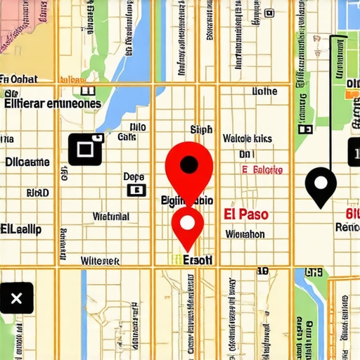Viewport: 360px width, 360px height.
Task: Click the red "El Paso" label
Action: click(x=245, y=214)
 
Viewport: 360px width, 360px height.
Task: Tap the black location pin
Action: click(x=321, y=186)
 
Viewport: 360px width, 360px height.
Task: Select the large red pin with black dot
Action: click(x=188, y=166)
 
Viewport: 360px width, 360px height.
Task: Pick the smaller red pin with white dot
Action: click(x=188, y=224)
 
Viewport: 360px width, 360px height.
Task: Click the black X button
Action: click(x=16, y=299)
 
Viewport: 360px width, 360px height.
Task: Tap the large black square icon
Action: click(x=86, y=149)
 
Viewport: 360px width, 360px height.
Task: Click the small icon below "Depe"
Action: click(x=135, y=190)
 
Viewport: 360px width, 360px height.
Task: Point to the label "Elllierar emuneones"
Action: click(x=52, y=103)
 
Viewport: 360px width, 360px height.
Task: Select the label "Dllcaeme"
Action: click(x=27, y=162)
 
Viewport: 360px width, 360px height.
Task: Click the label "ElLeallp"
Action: click(x=21, y=229)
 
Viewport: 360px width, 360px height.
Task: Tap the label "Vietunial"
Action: click(x=110, y=217)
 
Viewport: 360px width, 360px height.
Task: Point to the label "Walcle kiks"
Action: click(x=247, y=139)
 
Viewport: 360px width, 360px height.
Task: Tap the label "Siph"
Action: click(x=201, y=129)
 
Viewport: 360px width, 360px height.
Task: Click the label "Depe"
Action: click(x=134, y=176)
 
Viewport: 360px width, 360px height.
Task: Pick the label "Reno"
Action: click(x=347, y=227)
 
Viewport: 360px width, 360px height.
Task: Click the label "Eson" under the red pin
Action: click(x=198, y=259)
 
